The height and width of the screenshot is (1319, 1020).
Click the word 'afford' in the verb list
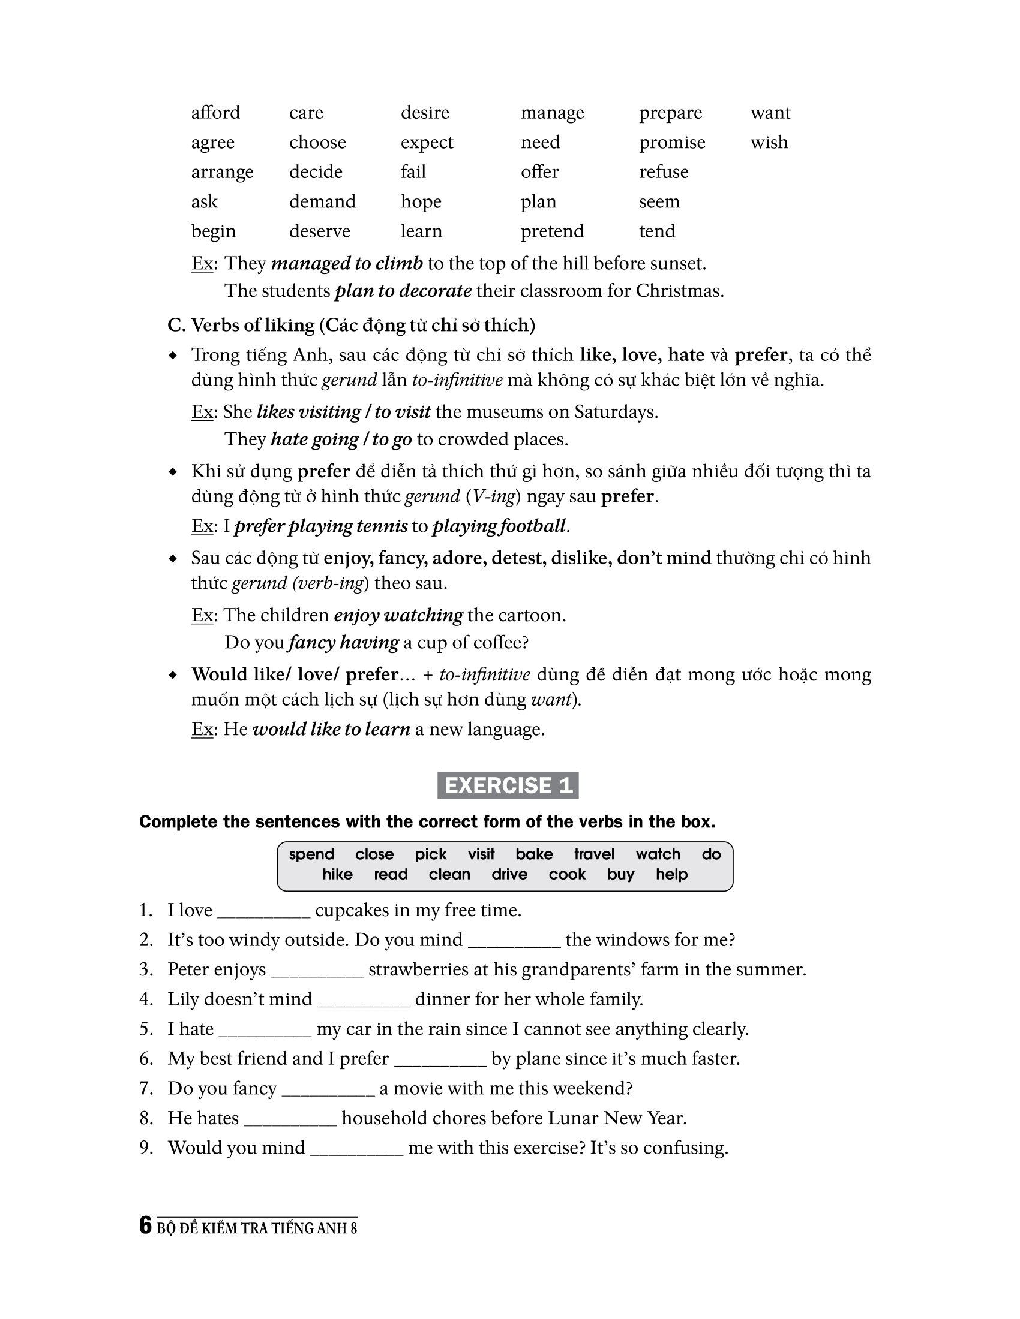pyautogui.click(x=215, y=113)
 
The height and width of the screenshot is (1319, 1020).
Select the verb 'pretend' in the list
pyautogui.click(x=551, y=231)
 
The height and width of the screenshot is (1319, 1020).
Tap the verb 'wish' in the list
pyautogui.click(x=769, y=143)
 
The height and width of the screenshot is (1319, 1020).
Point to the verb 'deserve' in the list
pyautogui.click(x=319, y=231)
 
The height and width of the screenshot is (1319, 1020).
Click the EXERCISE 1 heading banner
pyautogui.click(x=508, y=785)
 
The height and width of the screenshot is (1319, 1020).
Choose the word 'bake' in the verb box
pyautogui.click(x=533, y=854)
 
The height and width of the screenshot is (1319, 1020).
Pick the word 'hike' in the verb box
pyautogui.click(x=337, y=874)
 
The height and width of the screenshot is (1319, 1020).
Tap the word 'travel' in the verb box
pyautogui.click(x=594, y=854)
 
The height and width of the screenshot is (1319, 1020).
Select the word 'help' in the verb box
pyautogui.click(x=671, y=874)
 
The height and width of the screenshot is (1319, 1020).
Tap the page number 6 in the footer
pyautogui.click(x=145, y=1225)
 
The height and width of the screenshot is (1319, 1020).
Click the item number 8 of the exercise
pyautogui.click(x=146, y=1118)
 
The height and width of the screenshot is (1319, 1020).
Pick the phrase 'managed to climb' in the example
pyautogui.click(x=346, y=263)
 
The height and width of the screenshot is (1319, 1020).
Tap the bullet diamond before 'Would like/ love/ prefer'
pyautogui.click(x=173, y=675)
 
